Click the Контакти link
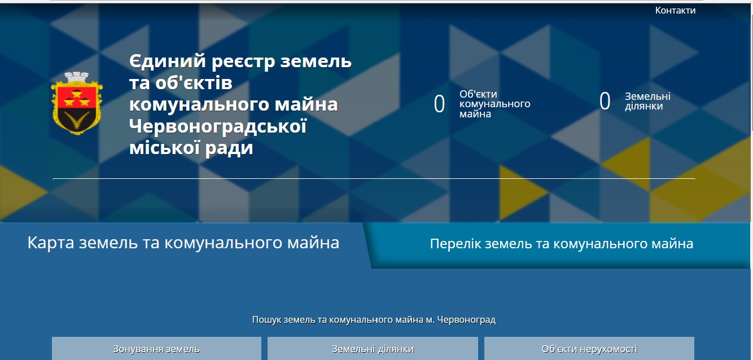click(x=675, y=10)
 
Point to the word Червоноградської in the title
click(x=218, y=126)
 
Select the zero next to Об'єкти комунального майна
click(x=439, y=104)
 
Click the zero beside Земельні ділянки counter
click(x=605, y=102)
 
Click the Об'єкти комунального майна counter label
click(x=494, y=104)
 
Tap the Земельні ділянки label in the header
click(x=647, y=102)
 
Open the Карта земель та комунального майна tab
click(x=183, y=243)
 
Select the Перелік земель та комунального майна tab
click(x=561, y=244)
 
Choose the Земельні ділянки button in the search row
click(x=373, y=349)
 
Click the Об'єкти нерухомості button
click(x=589, y=349)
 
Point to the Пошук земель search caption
click(x=374, y=320)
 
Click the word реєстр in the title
click(x=227, y=60)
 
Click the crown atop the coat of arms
click(x=77, y=76)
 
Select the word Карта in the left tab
click(x=51, y=243)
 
